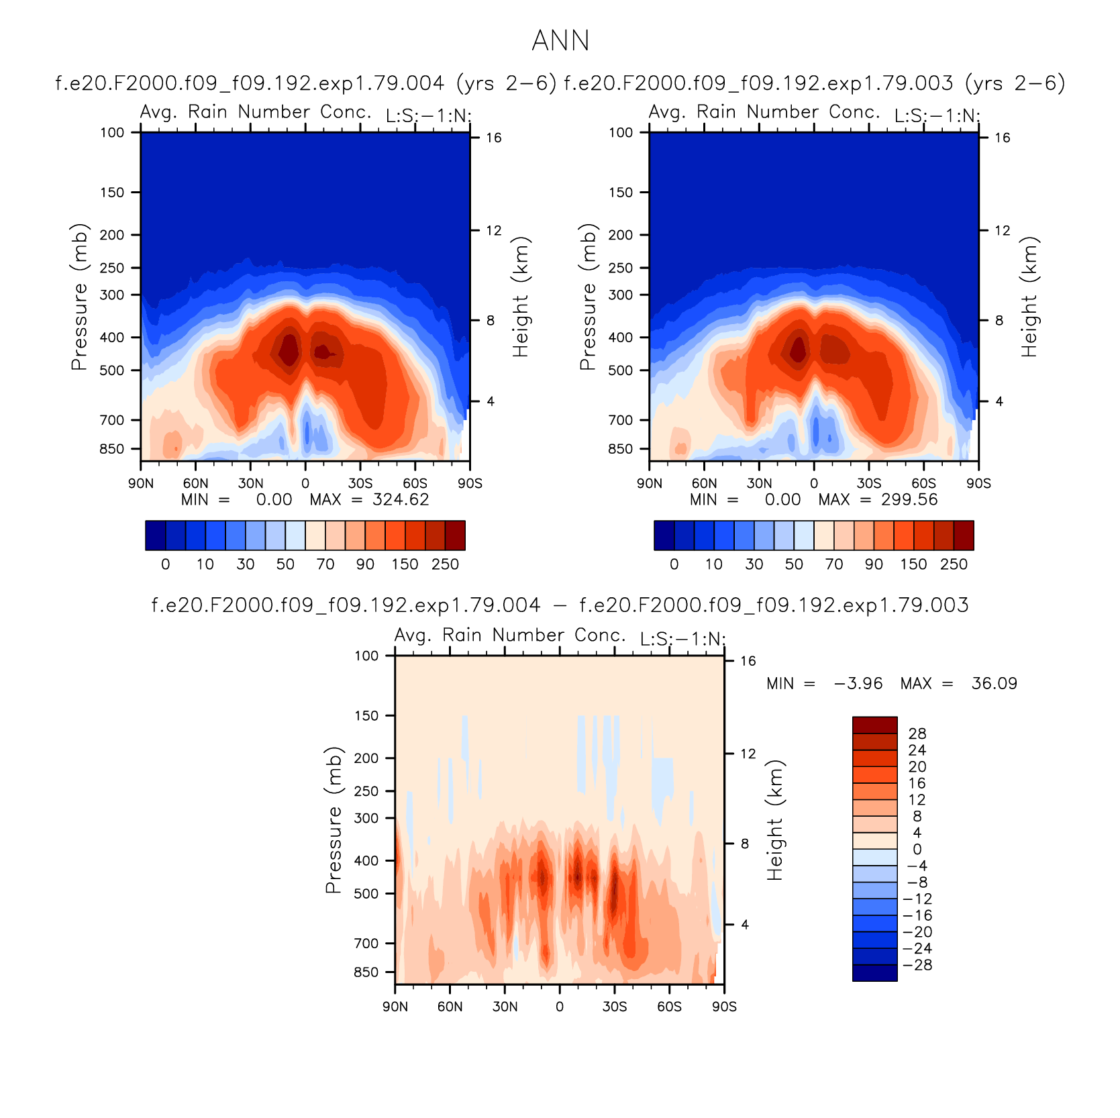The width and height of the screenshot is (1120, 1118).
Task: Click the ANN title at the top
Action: [560, 41]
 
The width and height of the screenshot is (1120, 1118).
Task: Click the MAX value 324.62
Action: [401, 500]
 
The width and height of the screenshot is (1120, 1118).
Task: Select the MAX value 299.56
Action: [909, 500]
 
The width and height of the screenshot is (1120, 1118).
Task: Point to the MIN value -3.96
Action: [858, 684]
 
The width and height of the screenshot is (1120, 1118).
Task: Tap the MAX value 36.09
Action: [995, 684]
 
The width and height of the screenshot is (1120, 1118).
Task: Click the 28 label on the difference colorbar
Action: [917, 734]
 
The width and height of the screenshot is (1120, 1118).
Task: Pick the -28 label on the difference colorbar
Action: [917, 966]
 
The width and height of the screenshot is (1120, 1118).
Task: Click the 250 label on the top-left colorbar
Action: [445, 564]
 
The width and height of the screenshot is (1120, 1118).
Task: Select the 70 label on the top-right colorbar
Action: [834, 564]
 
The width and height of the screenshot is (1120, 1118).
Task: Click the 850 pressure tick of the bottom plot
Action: [366, 972]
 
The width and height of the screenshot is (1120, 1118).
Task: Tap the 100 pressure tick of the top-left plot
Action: [112, 133]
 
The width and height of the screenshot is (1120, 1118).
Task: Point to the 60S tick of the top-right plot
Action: [923, 484]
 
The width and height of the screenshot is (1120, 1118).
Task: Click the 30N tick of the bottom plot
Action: [505, 1007]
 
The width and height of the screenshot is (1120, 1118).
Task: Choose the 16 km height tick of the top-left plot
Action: [494, 138]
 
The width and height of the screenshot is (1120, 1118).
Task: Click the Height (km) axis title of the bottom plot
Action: [775, 820]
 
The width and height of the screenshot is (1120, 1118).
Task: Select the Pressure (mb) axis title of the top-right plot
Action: [588, 297]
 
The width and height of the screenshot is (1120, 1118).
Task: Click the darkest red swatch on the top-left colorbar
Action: [455, 536]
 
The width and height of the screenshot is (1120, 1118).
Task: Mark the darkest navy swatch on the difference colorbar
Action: [875, 973]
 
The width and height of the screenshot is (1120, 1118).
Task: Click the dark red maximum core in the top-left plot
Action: [289, 349]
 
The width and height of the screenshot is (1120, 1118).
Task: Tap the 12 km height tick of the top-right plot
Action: [1003, 231]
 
